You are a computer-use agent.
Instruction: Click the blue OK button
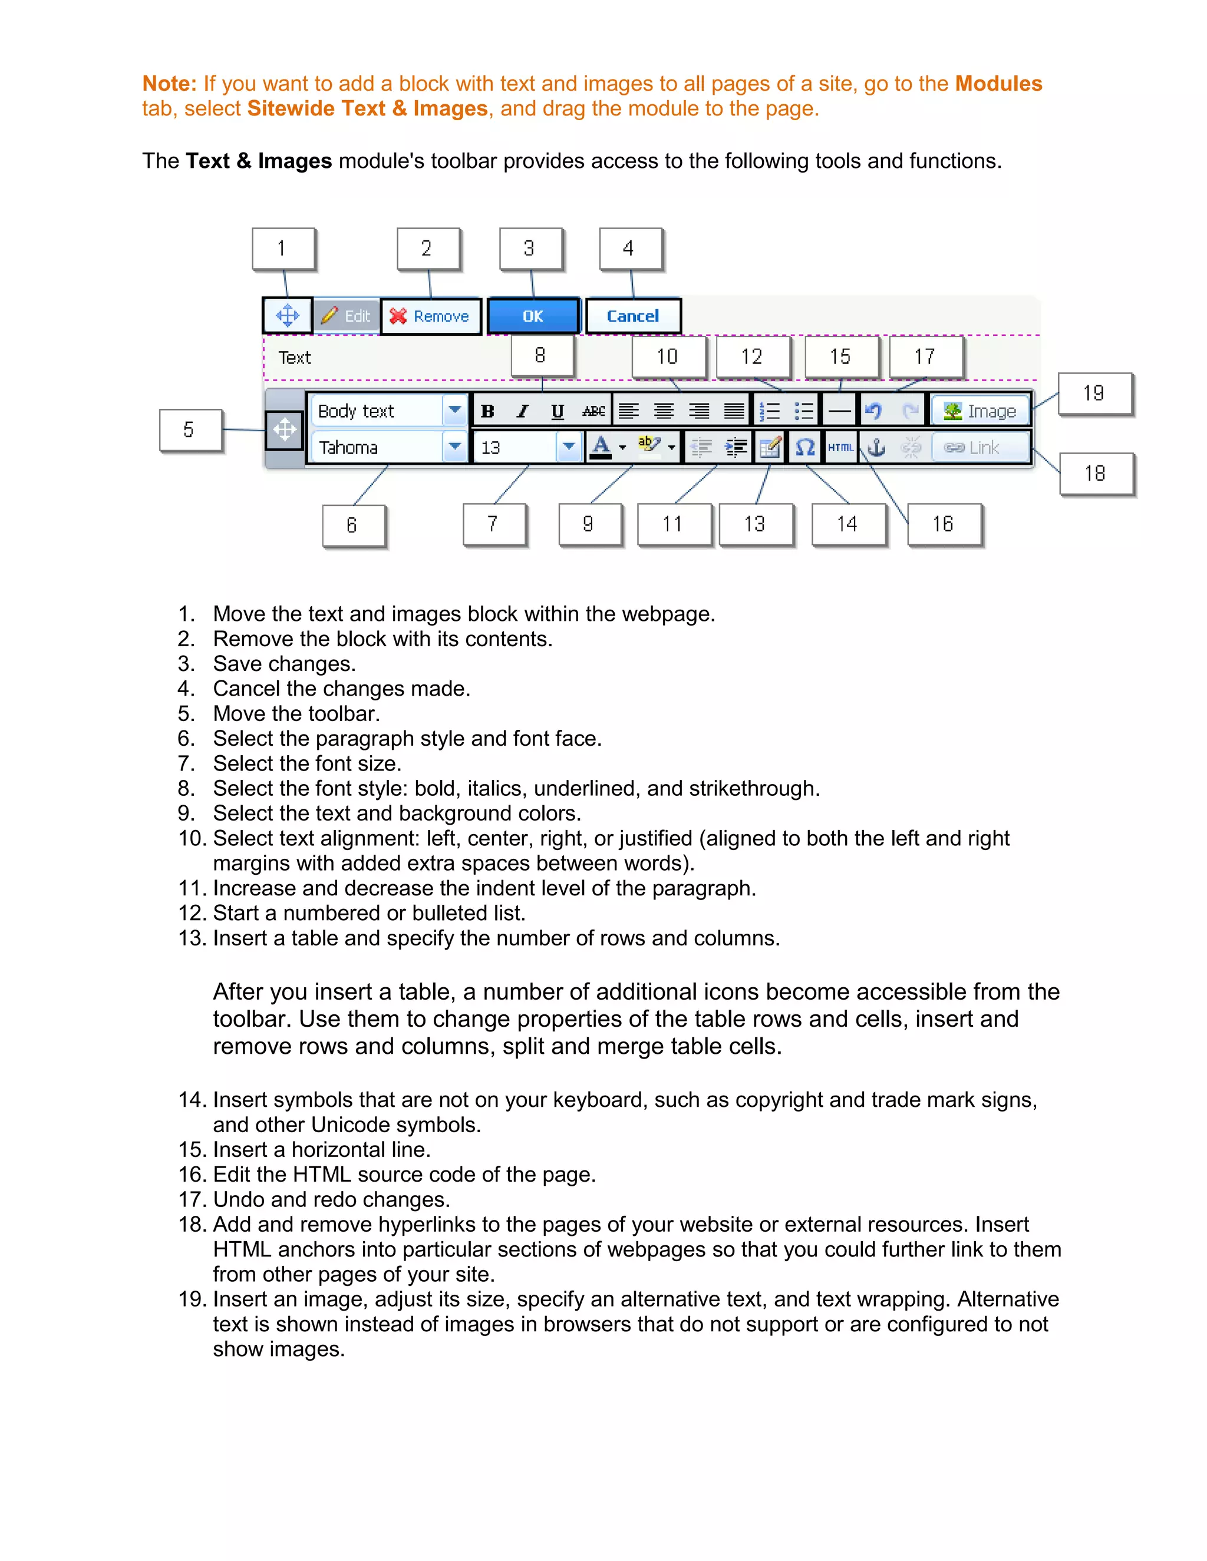(533, 316)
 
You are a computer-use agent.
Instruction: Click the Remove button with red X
(430, 316)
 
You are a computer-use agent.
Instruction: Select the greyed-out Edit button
(346, 316)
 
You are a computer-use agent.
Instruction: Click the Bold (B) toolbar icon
(487, 411)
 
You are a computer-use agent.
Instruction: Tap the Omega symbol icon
(805, 448)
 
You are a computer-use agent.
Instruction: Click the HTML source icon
(841, 448)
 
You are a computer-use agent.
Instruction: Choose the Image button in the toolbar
(980, 411)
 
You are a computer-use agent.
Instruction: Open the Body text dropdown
(454, 411)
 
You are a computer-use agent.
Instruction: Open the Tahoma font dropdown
(454, 448)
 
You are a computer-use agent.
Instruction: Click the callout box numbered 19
(1094, 393)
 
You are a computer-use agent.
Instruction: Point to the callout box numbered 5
(190, 429)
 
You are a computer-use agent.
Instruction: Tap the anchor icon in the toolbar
(876, 448)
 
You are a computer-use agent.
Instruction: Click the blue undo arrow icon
(873, 411)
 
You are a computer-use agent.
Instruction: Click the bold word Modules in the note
(998, 84)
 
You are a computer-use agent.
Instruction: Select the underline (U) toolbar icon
(558, 411)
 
